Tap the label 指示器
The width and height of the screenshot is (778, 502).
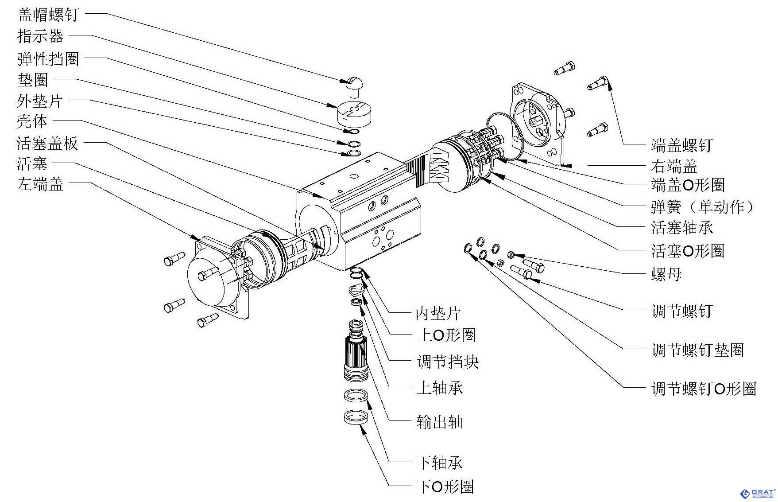pyautogui.click(x=40, y=36)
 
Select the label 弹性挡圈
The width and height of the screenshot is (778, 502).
pyautogui.click(x=48, y=58)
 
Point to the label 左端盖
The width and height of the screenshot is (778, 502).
pyautogui.click(x=40, y=183)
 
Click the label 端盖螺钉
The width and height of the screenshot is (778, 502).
pyautogui.click(x=681, y=145)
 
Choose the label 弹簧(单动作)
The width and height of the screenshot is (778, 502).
pyautogui.click(x=702, y=206)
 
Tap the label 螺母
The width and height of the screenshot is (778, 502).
pyautogui.click(x=666, y=274)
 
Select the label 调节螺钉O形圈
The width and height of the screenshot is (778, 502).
pyautogui.click(x=704, y=389)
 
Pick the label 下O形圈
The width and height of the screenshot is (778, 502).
pyautogui.click(x=445, y=486)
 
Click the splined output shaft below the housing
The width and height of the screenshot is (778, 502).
pyautogui.click(x=356, y=354)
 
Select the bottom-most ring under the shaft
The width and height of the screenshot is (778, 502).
pyautogui.click(x=356, y=417)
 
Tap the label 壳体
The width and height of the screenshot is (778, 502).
pyautogui.click(x=32, y=121)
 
